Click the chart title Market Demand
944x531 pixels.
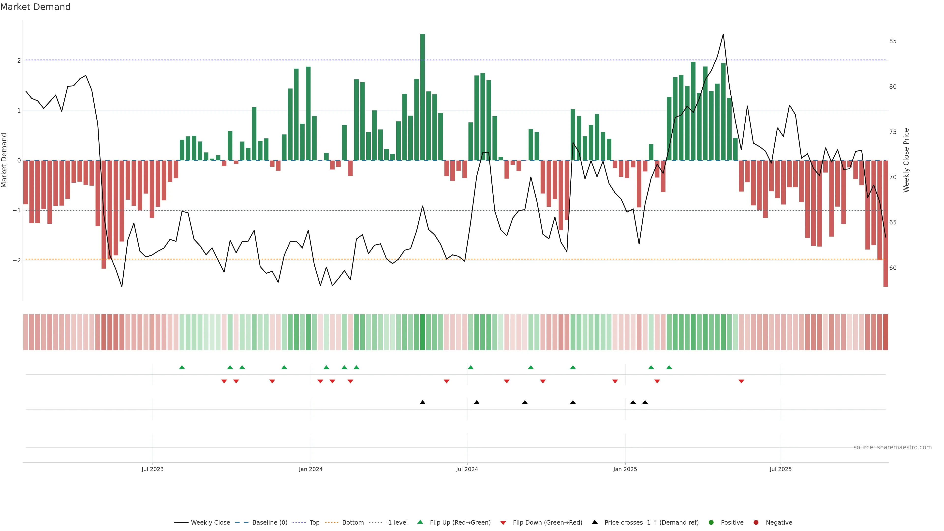(35, 7)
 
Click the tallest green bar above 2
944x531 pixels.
(423, 97)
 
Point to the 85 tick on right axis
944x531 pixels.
(893, 41)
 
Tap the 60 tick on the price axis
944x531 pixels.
(893, 268)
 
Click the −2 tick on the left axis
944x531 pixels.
(17, 260)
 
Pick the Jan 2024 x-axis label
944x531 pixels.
(310, 469)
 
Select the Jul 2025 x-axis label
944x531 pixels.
(781, 469)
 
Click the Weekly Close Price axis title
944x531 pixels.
(906, 160)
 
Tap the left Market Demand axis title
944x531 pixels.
(4, 160)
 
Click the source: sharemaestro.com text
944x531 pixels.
(892, 447)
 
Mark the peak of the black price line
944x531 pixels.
(723, 34)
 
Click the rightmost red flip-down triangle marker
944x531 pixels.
(741, 382)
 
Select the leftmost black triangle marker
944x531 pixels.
(423, 402)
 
